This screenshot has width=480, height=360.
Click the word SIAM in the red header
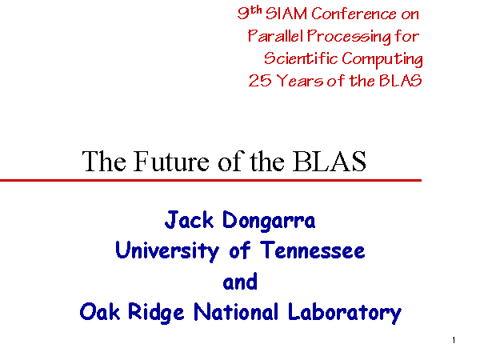[286, 14]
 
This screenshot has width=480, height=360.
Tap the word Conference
[354, 14]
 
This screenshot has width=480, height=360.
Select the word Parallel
[275, 36]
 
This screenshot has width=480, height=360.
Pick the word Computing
[382, 59]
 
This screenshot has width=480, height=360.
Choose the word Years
[299, 81]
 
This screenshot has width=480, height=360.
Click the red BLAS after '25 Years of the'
[401, 81]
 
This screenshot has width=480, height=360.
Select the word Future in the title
[172, 161]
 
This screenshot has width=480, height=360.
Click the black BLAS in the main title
[330, 161]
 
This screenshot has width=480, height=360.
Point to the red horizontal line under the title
[210, 180]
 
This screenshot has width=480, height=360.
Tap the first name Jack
[189, 220]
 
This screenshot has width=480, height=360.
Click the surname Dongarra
[269, 221]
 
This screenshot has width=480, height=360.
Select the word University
[167, 251]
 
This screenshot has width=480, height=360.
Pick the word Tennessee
[313, 250]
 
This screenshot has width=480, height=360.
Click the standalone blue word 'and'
[240, 282]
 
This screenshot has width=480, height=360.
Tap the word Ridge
[156, 313]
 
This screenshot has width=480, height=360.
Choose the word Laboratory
[345, 313]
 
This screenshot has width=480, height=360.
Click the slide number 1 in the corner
[454, 340]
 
